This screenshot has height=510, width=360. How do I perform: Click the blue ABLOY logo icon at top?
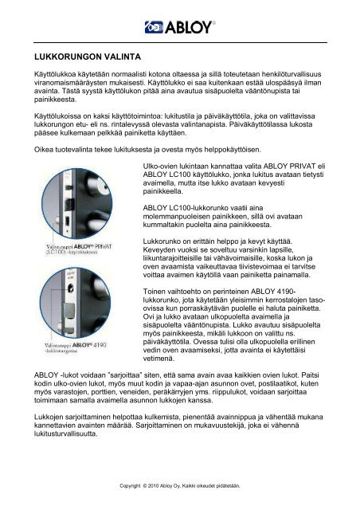[154, 28]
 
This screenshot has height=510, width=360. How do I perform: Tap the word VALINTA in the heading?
[121, 58]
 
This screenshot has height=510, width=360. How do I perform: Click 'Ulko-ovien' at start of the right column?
[161, 165]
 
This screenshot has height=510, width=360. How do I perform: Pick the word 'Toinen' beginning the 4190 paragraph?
[155, 292]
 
